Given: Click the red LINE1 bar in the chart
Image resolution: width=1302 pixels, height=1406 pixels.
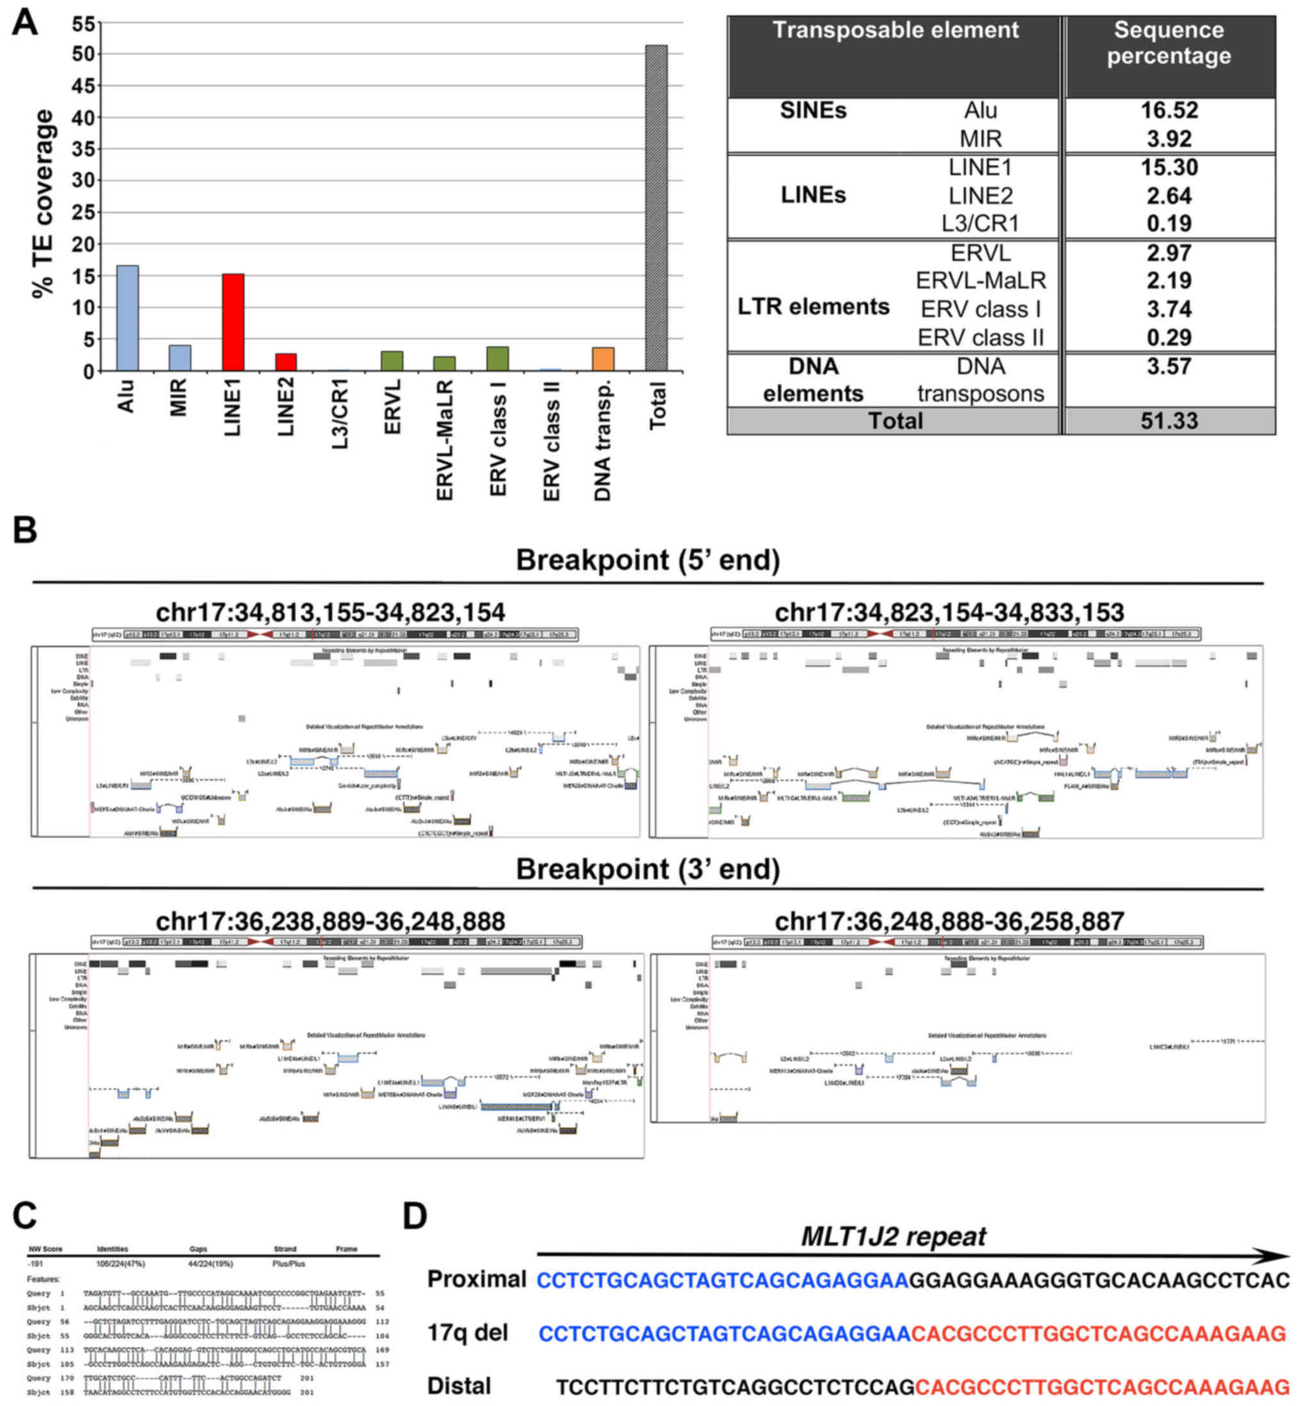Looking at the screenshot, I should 233,322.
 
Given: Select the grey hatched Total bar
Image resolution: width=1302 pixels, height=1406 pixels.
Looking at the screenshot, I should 656,208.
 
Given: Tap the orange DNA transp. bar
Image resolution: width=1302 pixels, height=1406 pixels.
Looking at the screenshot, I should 603,359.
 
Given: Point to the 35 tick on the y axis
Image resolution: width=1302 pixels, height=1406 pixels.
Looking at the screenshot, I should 83,149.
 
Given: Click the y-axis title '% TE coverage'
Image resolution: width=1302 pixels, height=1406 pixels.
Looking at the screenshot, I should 44,204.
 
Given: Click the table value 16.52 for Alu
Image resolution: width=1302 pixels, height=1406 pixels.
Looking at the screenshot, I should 1169,111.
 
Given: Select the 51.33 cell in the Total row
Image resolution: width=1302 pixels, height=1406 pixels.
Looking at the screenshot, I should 1169,421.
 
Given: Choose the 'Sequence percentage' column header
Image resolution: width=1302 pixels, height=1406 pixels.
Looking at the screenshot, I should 1169,43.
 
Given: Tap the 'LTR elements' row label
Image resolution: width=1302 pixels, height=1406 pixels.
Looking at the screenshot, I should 813,307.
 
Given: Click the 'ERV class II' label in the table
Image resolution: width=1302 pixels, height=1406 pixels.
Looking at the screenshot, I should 980,337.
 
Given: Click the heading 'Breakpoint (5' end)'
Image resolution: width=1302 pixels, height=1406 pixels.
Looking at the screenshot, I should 647,561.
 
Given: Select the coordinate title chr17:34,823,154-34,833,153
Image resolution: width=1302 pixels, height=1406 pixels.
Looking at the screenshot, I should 949,612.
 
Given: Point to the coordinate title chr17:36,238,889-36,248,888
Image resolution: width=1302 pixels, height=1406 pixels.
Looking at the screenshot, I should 330,921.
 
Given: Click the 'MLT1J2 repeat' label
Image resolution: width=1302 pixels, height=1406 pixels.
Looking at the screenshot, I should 894,1236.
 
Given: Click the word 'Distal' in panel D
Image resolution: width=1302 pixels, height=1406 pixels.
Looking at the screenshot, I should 460,1385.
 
